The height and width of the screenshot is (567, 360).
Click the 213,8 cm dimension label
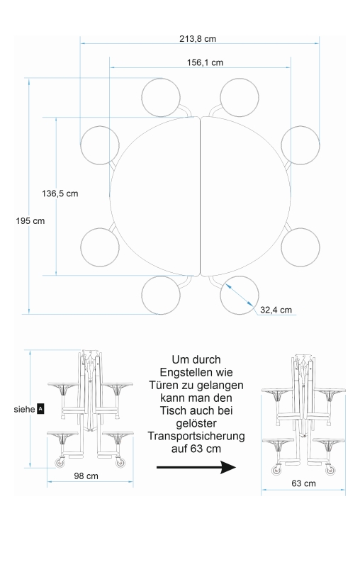198,39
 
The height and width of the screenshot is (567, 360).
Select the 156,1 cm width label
205,62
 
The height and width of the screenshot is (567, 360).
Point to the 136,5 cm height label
60,193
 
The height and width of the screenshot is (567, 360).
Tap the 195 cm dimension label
30,221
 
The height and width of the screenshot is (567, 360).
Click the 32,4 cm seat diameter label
276,310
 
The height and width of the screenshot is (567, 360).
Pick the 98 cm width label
86,476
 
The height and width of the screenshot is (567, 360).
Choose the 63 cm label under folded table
303,483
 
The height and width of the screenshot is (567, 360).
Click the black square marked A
40,410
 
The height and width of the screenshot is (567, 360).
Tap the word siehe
25,410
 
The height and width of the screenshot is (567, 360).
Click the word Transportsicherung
196,436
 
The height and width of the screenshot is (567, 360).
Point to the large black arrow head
228,467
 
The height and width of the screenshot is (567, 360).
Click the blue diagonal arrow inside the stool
240,295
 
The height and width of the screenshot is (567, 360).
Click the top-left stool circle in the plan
161,97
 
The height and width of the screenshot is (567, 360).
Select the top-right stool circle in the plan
240,97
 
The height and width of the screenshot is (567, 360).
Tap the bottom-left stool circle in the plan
161,295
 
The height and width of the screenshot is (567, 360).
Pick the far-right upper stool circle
300,145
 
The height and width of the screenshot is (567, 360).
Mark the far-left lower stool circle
100,247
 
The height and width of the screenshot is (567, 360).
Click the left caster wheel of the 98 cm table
60,463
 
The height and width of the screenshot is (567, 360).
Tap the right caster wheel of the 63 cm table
330,470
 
